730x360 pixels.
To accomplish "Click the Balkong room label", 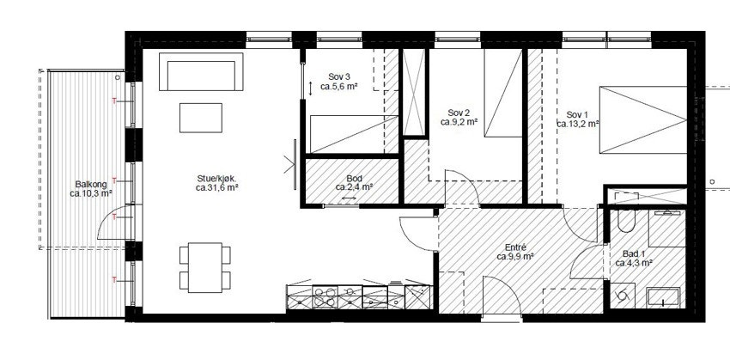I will pos(89,182).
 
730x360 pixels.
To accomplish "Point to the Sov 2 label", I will pos(459,113).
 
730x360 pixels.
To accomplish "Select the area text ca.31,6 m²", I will pos(216,187).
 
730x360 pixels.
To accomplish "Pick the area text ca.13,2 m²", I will pos(578,124).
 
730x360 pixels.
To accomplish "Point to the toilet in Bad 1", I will pos(626,225).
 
